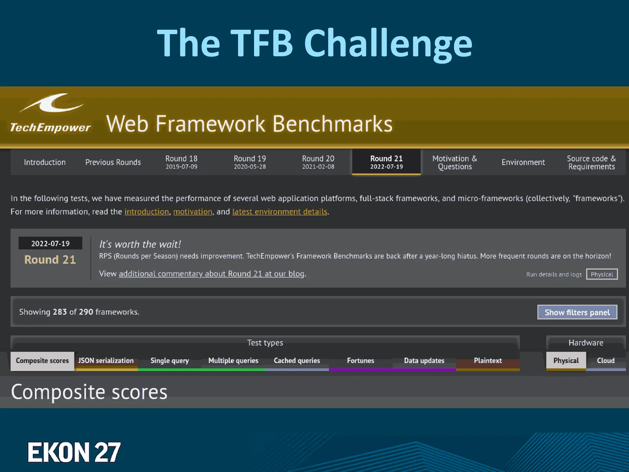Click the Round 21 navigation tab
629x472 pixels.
[386, 162]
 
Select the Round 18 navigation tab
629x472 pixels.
[181, 162]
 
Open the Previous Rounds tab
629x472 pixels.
[113, 162]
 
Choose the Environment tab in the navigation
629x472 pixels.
[523, 162]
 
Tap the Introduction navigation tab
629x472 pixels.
[45, 162]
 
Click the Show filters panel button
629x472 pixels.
[577, 312]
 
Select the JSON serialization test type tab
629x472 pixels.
[106, 361]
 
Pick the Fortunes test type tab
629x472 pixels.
[361, 361]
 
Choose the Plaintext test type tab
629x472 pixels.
[488, 361]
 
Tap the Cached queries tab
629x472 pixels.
[297, 361]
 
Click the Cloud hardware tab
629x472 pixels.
[606, 361]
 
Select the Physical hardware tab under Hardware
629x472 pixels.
[566, 361]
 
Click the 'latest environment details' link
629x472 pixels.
[279, 212]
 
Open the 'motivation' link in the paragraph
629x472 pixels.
[193, 212]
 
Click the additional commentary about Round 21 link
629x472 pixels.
[212, 274]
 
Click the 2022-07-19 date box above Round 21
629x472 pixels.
[50, 243]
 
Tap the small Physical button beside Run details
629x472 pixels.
[602, 274]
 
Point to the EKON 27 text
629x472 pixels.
[74, 452]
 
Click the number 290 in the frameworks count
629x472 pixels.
[86, 312]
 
